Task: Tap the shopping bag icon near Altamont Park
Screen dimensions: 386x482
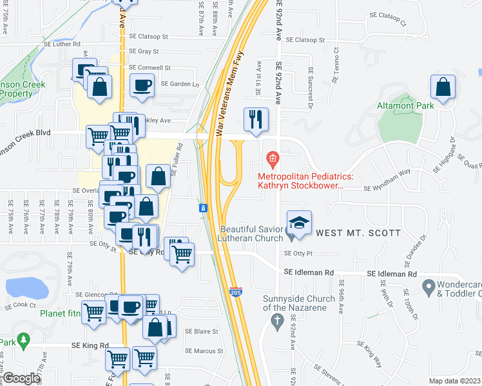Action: tap(443, 89)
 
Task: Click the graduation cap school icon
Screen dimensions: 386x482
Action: tap(299, 223)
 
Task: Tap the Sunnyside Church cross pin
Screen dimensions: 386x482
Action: tap(278, 321)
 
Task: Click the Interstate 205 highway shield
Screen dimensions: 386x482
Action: tap(235, 293)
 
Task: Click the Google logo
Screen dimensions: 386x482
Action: tap(21, 378)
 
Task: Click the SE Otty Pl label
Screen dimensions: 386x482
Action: tap(298, 253)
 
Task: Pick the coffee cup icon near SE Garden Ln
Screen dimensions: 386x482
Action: tap(142, 84)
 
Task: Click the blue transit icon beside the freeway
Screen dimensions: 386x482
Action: tap(203, 208)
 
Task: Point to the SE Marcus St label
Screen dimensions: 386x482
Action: tap(204, 351)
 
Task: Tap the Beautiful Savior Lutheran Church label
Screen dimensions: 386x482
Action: tap(251, 234)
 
